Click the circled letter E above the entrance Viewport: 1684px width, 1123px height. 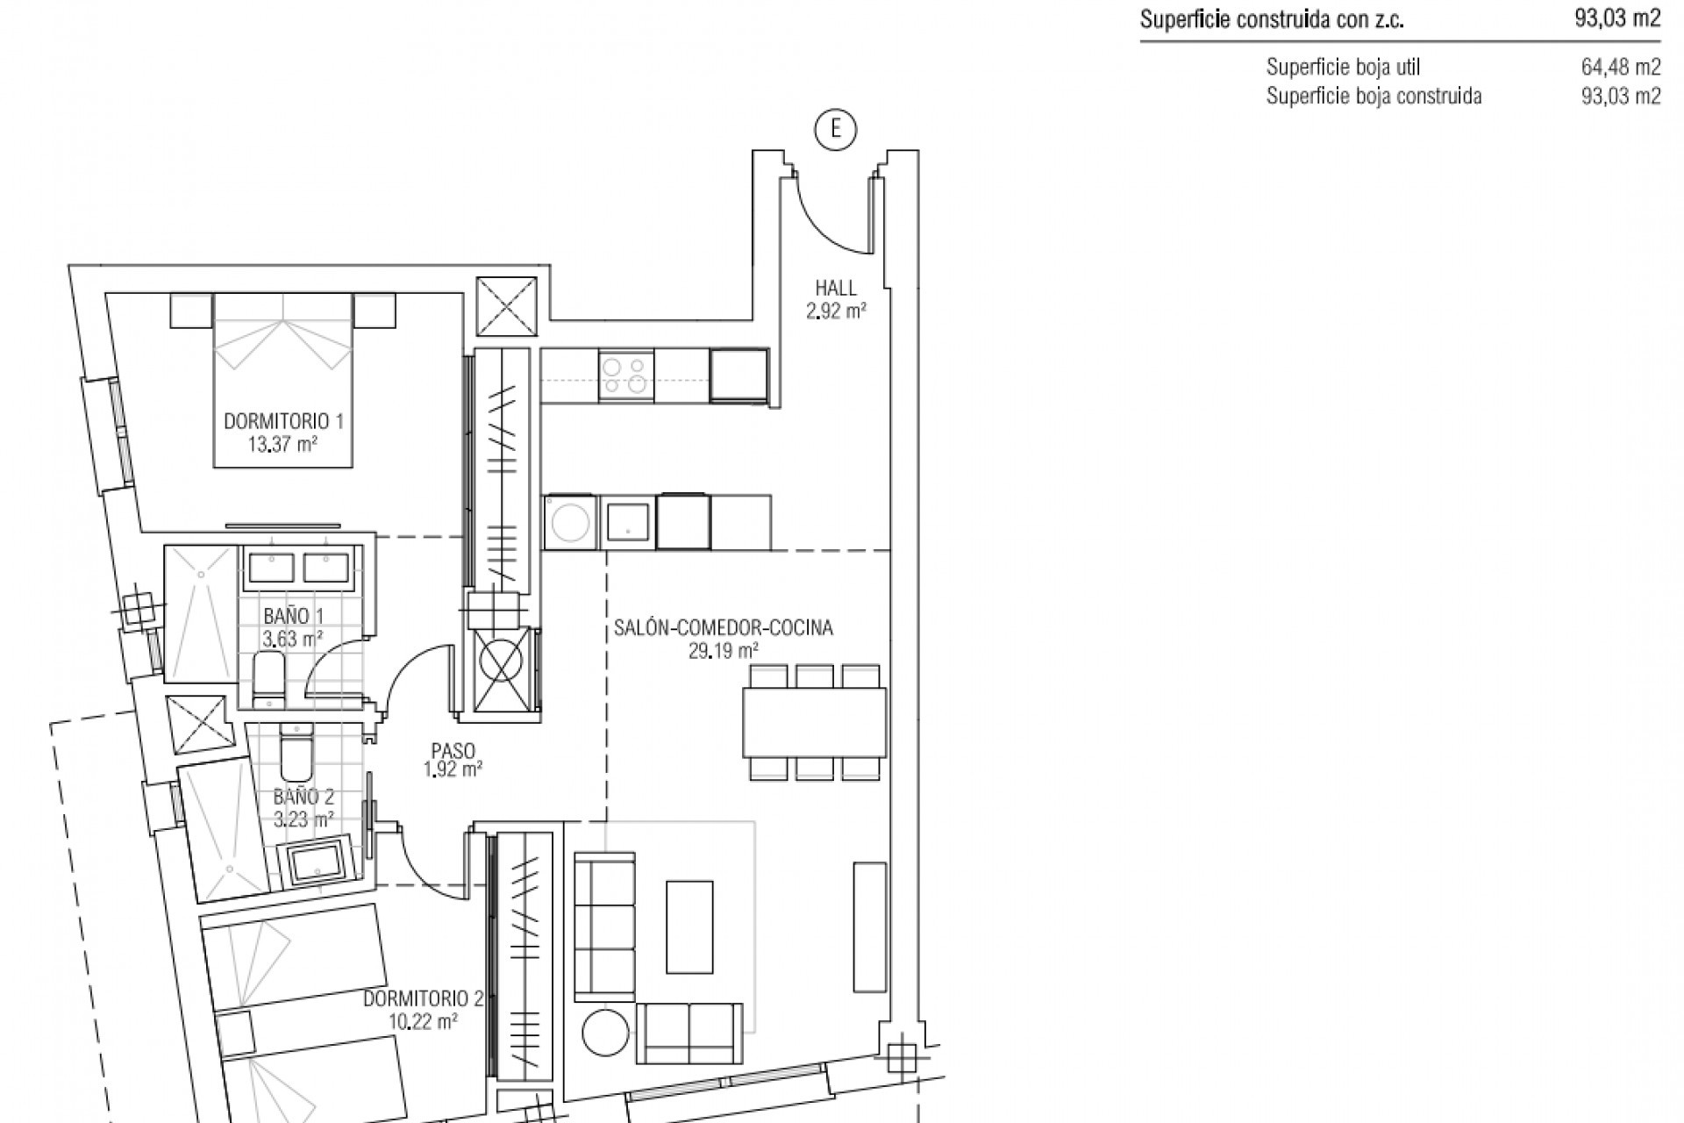pos(835,130)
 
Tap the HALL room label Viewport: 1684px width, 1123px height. pos(836,288)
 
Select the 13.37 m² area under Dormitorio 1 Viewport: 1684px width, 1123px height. pos(282,444)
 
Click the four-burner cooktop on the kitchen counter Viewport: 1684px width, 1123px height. pos(626,376)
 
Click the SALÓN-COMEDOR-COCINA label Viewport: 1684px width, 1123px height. pos(723,628)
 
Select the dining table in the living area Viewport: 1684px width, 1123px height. pos(814,722)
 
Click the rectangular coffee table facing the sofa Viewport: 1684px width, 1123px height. pos(689,927)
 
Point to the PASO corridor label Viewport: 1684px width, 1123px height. pos(453,751)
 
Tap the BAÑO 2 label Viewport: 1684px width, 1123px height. pos(303,798)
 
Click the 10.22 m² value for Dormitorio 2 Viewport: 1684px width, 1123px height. pos(424,1021)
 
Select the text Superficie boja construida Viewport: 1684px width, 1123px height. pos(1374,97)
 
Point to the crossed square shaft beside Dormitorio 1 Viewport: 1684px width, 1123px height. pos(506,305)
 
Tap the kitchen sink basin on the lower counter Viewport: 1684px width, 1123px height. pos(628,523)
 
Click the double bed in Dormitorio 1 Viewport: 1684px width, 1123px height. pos(283,379)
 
